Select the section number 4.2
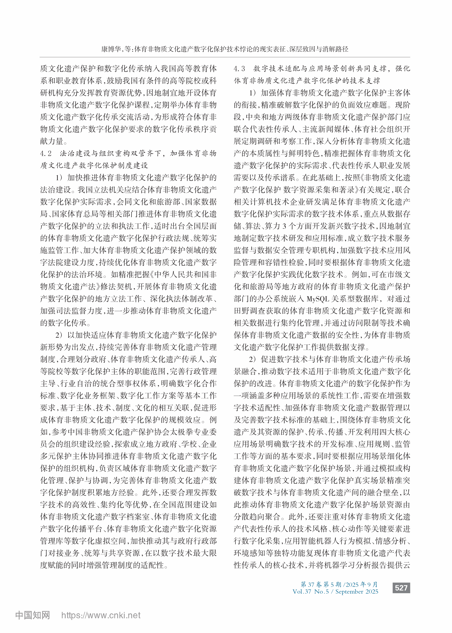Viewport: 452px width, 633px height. (x=46, y=154)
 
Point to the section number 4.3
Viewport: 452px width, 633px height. (x=239, y=69)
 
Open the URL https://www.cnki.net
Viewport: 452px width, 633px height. (x=101, y=616)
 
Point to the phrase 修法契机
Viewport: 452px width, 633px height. (x=119, y=287)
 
